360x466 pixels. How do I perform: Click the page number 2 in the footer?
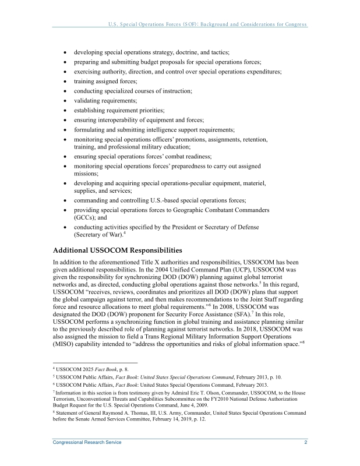(305, 443)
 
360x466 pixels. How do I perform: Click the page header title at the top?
(207, 24)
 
